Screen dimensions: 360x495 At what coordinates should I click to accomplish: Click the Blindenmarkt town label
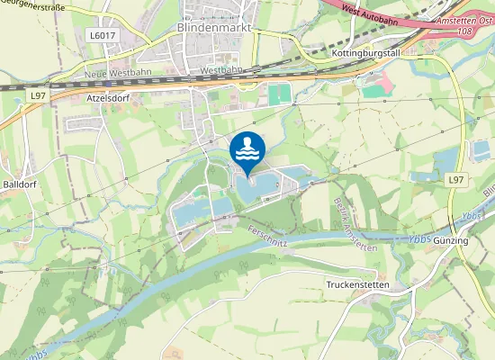click(x=211, y=28)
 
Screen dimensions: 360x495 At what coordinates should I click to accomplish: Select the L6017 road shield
click(x=102, y=35)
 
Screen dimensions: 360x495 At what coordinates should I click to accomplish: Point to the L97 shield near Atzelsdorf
click(x=38, y=94)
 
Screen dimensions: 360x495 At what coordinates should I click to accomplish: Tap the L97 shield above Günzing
click(x=455, y=180)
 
